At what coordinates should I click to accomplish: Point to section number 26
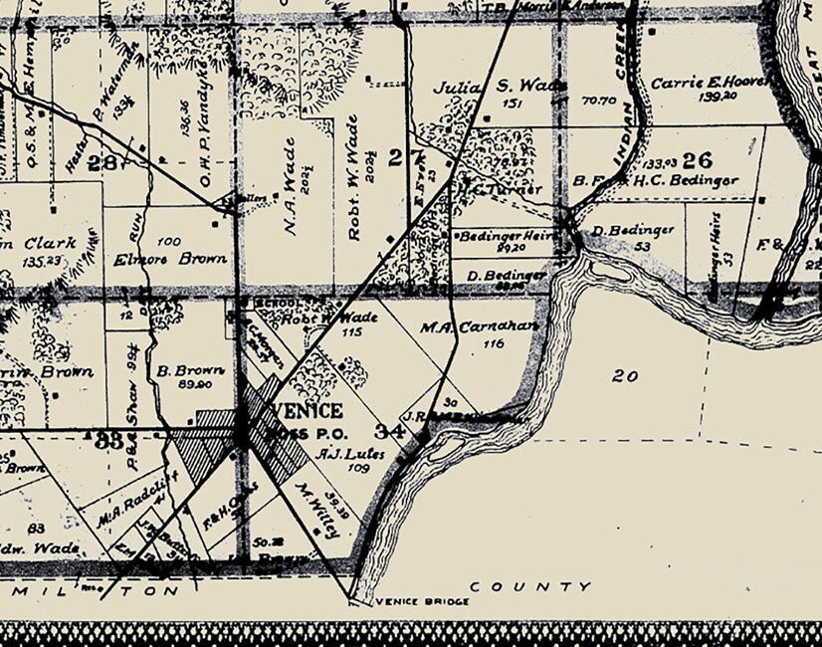click(698, 159)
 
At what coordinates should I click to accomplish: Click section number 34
click(390, 431)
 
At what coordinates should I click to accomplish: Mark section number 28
click(101, 163)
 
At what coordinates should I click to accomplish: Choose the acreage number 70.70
click(600, 101)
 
